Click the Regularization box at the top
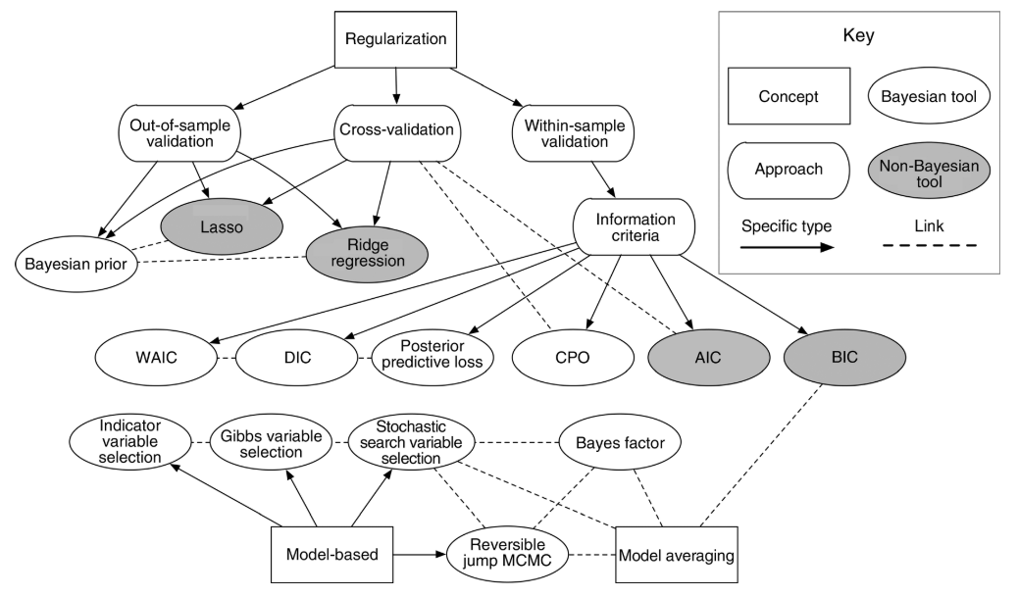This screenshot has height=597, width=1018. coord(396,40)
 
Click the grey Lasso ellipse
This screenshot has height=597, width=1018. coord(223,224)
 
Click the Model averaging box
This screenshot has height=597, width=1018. coord(677,554)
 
